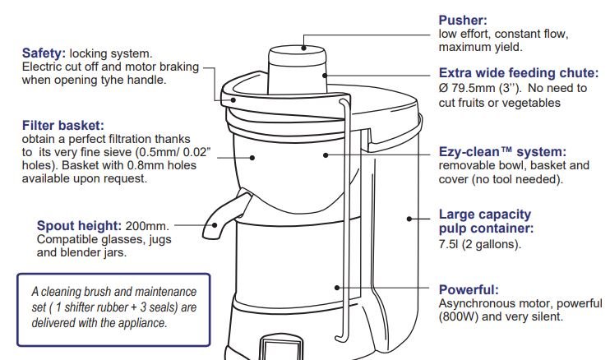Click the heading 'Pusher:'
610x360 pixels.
[x=463, y=21]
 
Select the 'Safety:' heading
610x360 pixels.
[x=44, y=53]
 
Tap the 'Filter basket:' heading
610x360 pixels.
[x=63, y=125]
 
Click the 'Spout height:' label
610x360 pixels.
[x=80, y=225]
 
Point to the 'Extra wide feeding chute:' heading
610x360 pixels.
[x=519, y=72]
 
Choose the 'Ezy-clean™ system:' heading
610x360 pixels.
[x=502, y=151]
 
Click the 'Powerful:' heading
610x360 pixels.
[x=469, y=289]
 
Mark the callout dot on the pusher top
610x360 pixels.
[x=303, y=48]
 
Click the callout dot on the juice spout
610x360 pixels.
[x=215, y=225]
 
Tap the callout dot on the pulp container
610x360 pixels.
[x=409, y=219]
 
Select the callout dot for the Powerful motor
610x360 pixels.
[x=337, y=288]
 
